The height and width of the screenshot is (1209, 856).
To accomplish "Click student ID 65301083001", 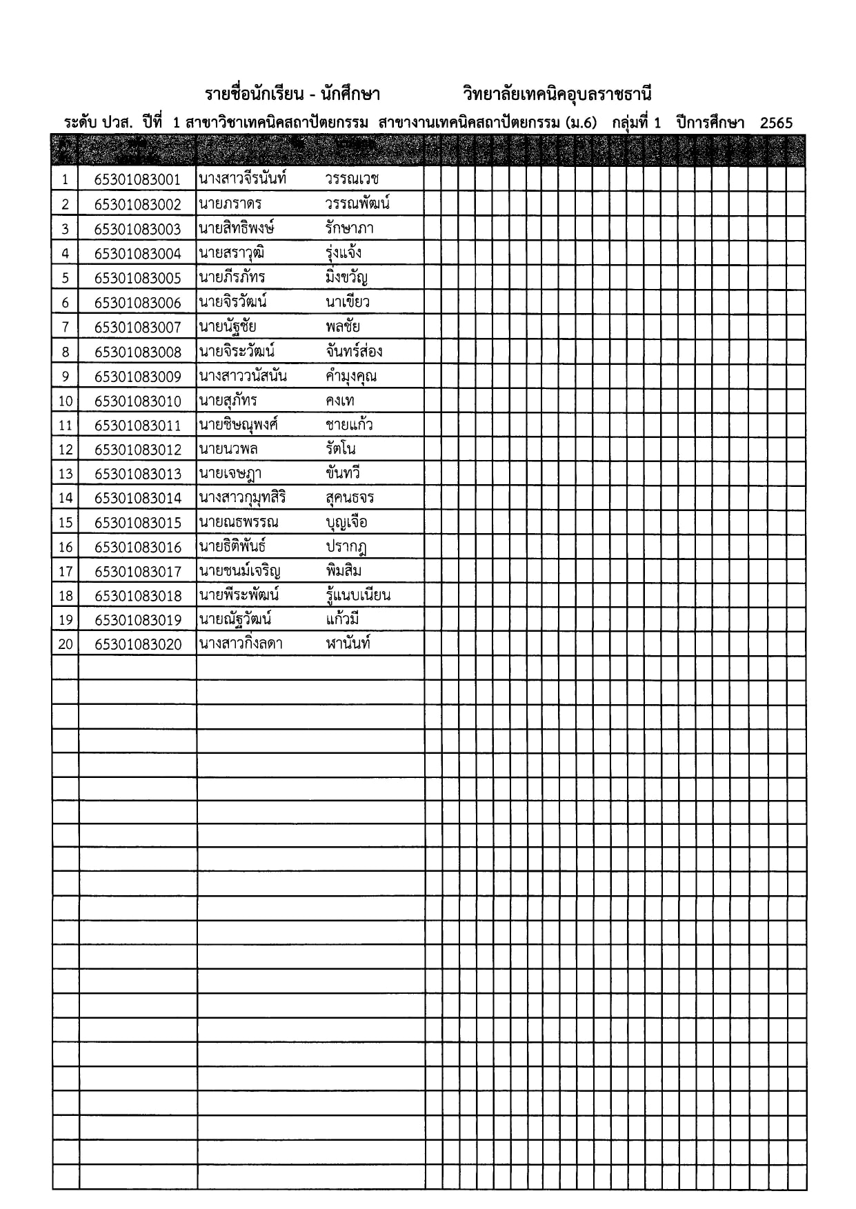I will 137,180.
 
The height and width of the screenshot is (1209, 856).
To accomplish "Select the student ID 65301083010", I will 137,401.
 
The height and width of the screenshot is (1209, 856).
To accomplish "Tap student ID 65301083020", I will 137,645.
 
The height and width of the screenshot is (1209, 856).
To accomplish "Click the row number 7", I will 66,328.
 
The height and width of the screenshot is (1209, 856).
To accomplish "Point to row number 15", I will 66,523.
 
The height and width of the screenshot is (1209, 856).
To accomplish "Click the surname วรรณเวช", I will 352,179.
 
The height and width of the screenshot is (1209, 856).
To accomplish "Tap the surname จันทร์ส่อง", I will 354,352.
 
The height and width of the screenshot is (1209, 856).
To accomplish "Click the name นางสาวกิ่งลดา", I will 241,644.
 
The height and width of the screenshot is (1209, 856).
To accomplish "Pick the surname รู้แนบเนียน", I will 358,595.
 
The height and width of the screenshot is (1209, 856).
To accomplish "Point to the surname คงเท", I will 340,401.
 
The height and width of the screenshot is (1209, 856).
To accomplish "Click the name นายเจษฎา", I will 230,474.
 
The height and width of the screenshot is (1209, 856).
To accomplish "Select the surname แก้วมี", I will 343,619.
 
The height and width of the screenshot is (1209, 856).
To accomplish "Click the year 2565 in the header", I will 776,123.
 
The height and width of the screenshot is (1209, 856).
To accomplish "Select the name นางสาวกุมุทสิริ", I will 242,498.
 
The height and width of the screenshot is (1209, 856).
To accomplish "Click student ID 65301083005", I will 137,279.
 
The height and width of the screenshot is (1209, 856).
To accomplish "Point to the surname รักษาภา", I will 350,228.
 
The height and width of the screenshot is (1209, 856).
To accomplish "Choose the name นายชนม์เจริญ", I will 239,571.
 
